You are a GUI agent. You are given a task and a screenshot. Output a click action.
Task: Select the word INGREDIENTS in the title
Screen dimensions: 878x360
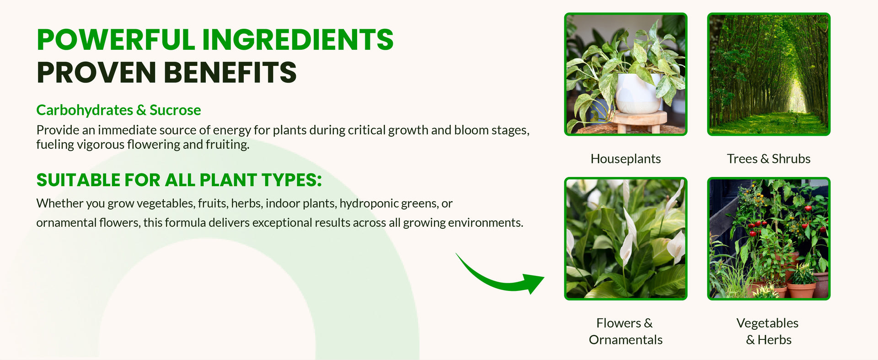tap(298, 40)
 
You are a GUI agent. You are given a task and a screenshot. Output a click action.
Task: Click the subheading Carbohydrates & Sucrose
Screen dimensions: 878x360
tap(118, 110)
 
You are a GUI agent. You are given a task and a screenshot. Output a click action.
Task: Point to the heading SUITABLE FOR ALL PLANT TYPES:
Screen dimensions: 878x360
tap(179, 180)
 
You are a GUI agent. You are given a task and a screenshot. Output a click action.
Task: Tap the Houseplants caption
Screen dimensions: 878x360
tap(626, 159)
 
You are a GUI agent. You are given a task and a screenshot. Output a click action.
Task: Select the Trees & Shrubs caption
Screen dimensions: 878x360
tap(769, 159)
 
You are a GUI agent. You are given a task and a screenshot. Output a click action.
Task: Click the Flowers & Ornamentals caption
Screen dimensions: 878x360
tap(626, 331)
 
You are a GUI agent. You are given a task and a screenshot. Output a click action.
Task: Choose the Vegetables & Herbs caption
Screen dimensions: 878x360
tap(768, 331)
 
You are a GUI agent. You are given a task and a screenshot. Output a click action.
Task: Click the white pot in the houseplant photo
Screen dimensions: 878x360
tap(638, 93)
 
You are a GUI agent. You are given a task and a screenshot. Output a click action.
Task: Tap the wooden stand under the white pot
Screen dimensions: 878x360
tap(639, 121)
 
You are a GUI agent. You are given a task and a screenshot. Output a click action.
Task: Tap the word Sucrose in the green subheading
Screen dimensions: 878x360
tap(175, 110)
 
